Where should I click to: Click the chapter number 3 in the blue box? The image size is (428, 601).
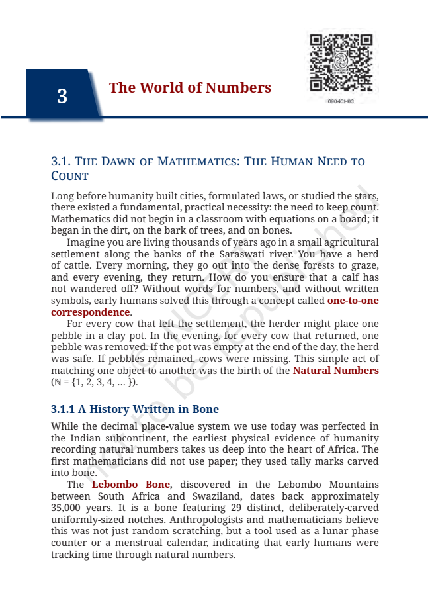click(62, 97)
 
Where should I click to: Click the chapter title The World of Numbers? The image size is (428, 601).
click(190, 88)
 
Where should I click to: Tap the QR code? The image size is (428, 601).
click(341, 64)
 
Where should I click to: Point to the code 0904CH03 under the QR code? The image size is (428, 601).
click(341, 101)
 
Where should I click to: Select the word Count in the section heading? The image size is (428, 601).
click(69, 176)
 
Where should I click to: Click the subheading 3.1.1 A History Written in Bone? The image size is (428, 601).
click(135, 410)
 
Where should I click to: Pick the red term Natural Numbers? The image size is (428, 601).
click(335, 371)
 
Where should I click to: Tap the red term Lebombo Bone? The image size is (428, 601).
click(130, 485)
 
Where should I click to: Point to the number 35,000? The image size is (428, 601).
click(66, 508)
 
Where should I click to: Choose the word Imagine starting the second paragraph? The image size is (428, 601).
click(87, 242)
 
